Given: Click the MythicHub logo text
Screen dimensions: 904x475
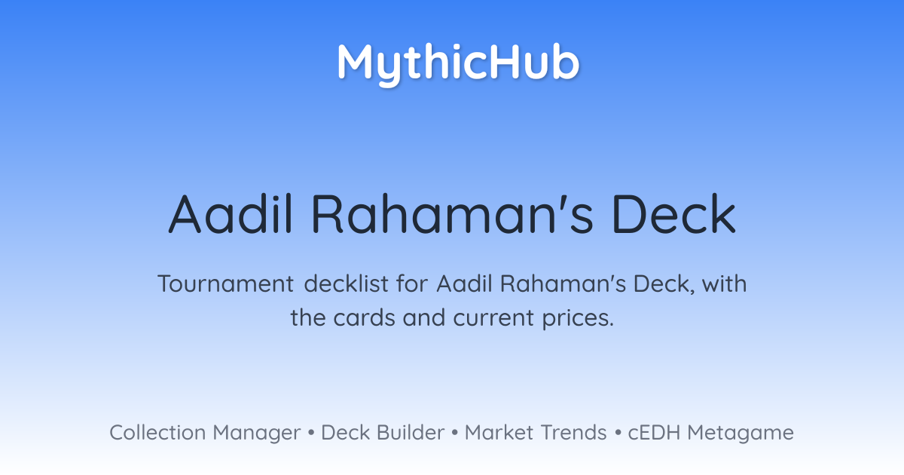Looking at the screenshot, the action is (x=459, y=64).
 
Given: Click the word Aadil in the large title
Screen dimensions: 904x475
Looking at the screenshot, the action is (x=231, y=213).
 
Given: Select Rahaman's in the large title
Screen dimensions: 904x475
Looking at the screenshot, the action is (x=452, y=213).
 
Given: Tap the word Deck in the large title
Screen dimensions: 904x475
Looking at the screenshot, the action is (x=674, y=213).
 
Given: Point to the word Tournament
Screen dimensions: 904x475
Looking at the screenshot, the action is (x=225, y=283).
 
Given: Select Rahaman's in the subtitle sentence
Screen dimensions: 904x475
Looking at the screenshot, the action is (x=563, y=283).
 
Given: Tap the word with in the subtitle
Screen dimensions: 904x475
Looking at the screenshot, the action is (x=725, y=283).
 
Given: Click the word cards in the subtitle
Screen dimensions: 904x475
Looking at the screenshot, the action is (x=364, y=317).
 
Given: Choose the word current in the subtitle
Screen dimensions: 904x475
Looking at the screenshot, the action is (x=493, y=318).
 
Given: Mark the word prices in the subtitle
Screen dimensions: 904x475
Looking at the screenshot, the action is (x=578, y=319).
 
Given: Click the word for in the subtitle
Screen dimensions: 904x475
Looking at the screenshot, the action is (x=411, y=283).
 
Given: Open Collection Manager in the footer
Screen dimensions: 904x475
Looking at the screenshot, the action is (x=205, y=433).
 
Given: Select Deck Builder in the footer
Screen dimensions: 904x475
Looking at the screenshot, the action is (x=383, y=432).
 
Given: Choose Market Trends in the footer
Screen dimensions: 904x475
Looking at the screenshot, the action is (x=536, y=432).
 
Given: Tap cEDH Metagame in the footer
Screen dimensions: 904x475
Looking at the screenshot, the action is (x=710, y=433).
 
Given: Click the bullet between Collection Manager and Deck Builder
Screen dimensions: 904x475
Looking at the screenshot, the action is (x=311, y=433).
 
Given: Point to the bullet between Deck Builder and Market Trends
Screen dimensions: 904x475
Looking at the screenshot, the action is (x=454, y=433).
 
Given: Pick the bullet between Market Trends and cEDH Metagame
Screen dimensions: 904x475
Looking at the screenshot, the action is (x=618, y=433).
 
